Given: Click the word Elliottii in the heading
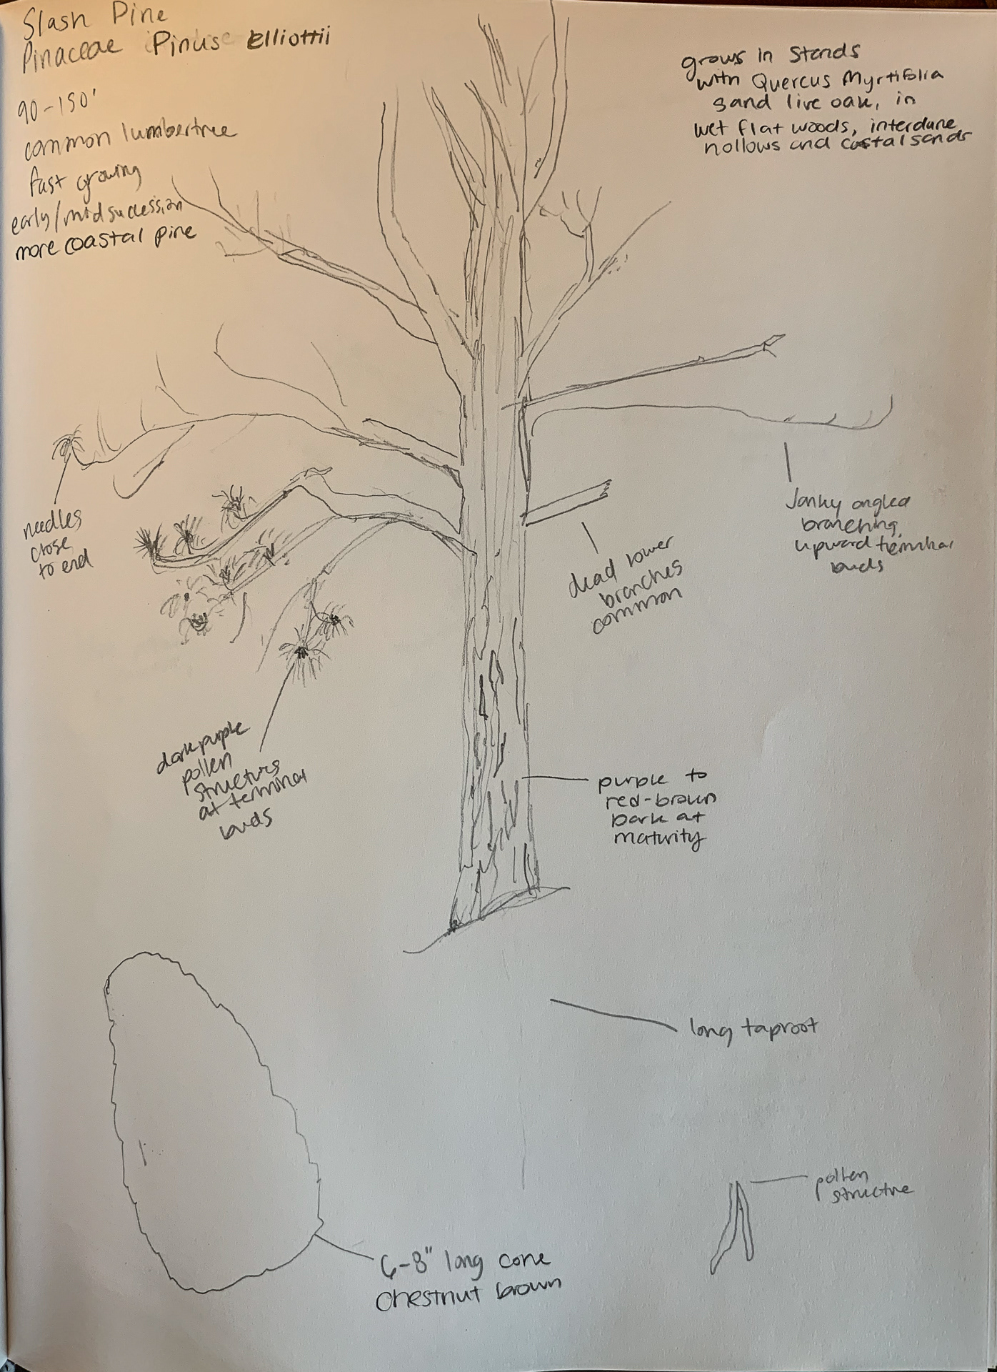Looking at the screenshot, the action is click(x=288, y=41).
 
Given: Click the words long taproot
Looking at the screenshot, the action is click(x=753, y=1029).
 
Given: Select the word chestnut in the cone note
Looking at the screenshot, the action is click(x=429, y=1296).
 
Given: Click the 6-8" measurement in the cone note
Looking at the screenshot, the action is click(x=403, y=1265).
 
